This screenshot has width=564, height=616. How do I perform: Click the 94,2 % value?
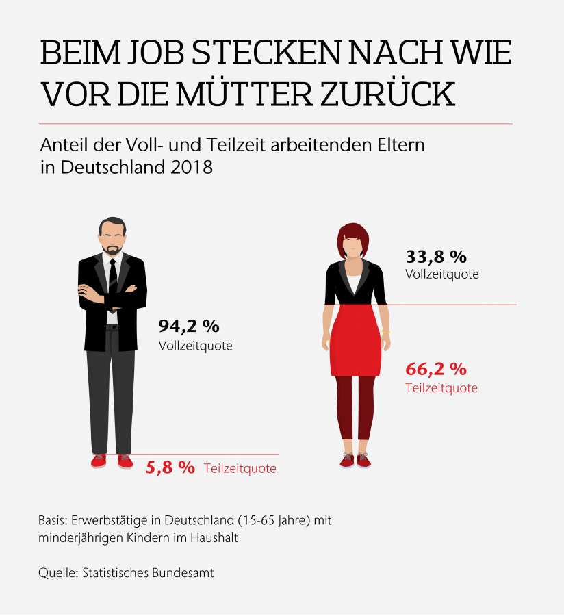(189, 326)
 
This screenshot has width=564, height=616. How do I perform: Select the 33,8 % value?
(436, 257)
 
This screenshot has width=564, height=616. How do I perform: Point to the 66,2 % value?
(436, 370)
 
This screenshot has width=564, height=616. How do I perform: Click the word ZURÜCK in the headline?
(396, 94)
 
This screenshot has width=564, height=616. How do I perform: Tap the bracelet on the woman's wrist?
(386, 333)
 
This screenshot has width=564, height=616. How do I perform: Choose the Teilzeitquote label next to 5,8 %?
(240, 469)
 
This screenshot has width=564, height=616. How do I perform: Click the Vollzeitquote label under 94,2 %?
(195, 346)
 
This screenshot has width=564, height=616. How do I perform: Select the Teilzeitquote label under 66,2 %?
(441, 388)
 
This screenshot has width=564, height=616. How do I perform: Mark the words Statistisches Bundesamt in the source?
(148, 573)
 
